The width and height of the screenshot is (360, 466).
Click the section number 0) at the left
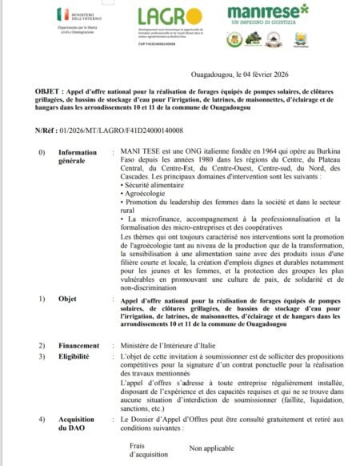(x=42, y=151)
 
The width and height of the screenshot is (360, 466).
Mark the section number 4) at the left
(x=42, y=420)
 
